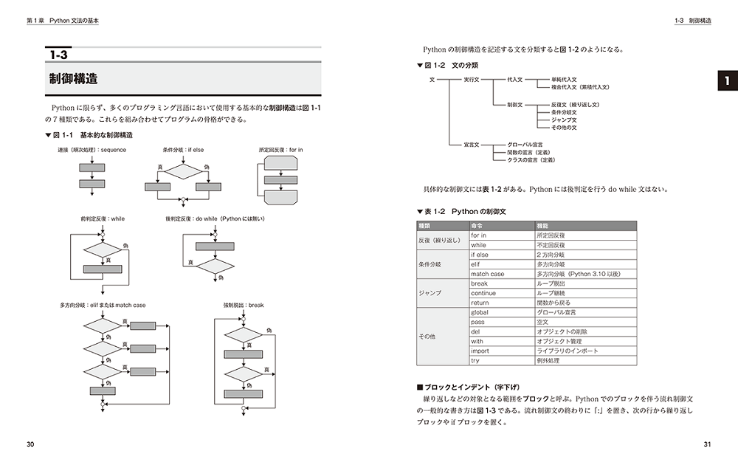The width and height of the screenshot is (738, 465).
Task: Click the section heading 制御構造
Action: [x=74, y=79]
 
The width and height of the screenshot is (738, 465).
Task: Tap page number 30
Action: [x=30, y=444]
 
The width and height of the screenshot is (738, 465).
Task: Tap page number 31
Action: [x=707, y=444]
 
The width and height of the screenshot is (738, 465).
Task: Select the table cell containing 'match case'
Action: [x=487, y=274]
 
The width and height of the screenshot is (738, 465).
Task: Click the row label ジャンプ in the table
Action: [x=430, y=293]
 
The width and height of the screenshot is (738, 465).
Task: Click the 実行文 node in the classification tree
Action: [x=472, y=79]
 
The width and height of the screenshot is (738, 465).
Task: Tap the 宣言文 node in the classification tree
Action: [x=472, y=145]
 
